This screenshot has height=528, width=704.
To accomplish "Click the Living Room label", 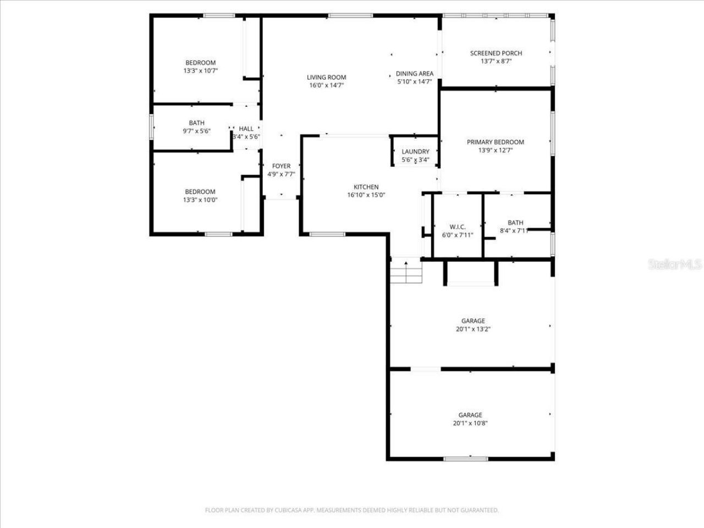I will coord(326,78).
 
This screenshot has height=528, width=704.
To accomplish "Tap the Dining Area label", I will coord(415,74).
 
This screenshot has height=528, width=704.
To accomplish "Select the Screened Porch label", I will coord(496,53).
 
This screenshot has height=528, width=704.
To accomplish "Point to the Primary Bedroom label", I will coord(496,142).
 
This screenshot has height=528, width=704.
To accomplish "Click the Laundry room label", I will coord(415,152).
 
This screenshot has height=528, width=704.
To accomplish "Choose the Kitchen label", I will coord(366,187).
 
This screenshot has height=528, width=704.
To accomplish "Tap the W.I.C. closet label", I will coord(458,227).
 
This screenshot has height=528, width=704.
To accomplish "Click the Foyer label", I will coord(281,166).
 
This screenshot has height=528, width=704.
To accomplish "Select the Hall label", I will coord(246,129).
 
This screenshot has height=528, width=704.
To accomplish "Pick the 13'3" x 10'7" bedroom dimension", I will coord(200,71).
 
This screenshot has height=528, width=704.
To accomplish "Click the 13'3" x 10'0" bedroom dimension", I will coord(200,200).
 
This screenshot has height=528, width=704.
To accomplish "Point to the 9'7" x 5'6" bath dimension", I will coord(197,131).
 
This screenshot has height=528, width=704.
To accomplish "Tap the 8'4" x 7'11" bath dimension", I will coord(514,231).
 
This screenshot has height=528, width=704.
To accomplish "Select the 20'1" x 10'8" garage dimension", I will coord(471,424).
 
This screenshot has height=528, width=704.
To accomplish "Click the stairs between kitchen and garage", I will coord(406,272).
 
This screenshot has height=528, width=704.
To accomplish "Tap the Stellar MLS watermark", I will coord(675,265).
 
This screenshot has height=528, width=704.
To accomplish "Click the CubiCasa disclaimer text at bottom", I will coord(352,510).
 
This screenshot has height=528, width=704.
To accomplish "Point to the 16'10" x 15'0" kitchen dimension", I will coord(366,195).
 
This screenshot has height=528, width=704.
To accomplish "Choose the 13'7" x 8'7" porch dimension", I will coord(496,62).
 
